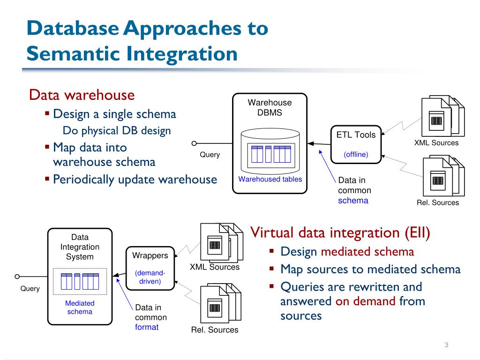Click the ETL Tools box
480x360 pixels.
pos(356,144)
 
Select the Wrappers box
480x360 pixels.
pos(150,269)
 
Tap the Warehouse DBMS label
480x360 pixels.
pos(270,107)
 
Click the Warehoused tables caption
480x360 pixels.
pos(270,179)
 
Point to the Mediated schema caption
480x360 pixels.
pos(80,307)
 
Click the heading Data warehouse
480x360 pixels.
pos(82,95)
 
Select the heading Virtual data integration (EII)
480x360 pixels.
pos(340,232)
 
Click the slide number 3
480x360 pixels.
pos(446,345)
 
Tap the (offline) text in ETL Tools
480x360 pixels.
pos(356,154)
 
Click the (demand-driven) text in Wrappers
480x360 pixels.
pos(150,277)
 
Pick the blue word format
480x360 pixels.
pos(147,327)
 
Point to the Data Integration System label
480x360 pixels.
pos(80,247)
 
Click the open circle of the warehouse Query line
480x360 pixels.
pos(194,143)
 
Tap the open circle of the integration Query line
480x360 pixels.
pos(17,277)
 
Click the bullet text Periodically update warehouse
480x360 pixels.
pos(135,180)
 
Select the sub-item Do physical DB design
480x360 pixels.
pos(117,131)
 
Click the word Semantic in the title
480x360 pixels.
pos(73,53)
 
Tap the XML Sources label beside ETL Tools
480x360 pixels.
pos(436,142)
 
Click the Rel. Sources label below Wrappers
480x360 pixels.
pos(215,330)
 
